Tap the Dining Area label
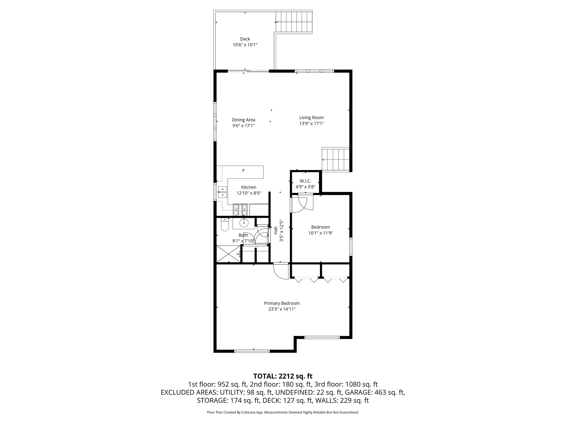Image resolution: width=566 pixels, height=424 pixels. (x=243, y=120)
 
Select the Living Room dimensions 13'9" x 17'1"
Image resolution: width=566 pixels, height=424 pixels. (x=311, y=124)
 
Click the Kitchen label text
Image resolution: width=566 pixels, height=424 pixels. (x=248, y=187)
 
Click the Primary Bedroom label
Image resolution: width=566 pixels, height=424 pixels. (x=282, y=303)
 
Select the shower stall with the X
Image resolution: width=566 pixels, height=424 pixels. (x=228, y=254)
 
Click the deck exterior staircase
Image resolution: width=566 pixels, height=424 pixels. (x=294, y=22)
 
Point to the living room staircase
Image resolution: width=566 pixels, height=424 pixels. (x=335, y=159)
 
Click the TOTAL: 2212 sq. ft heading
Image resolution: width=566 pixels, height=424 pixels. (x=283, y=376)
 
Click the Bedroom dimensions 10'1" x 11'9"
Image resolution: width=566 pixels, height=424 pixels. (x=320, y=233)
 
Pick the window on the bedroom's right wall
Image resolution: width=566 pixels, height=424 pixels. (x=351, y=247)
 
